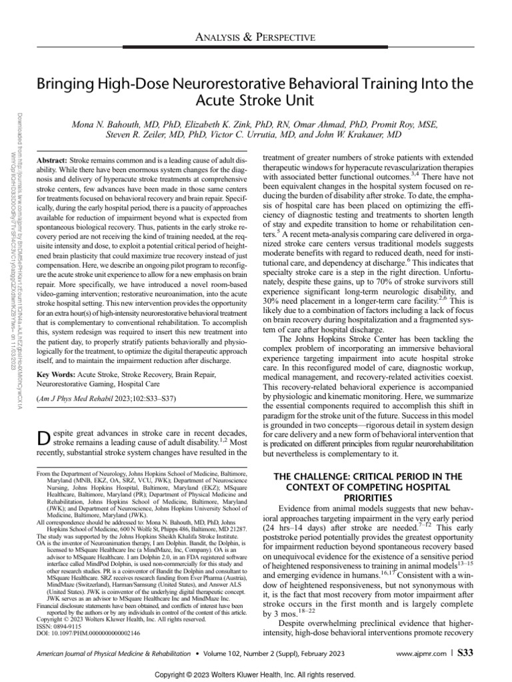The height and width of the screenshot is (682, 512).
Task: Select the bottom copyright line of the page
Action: click(255, 675)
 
